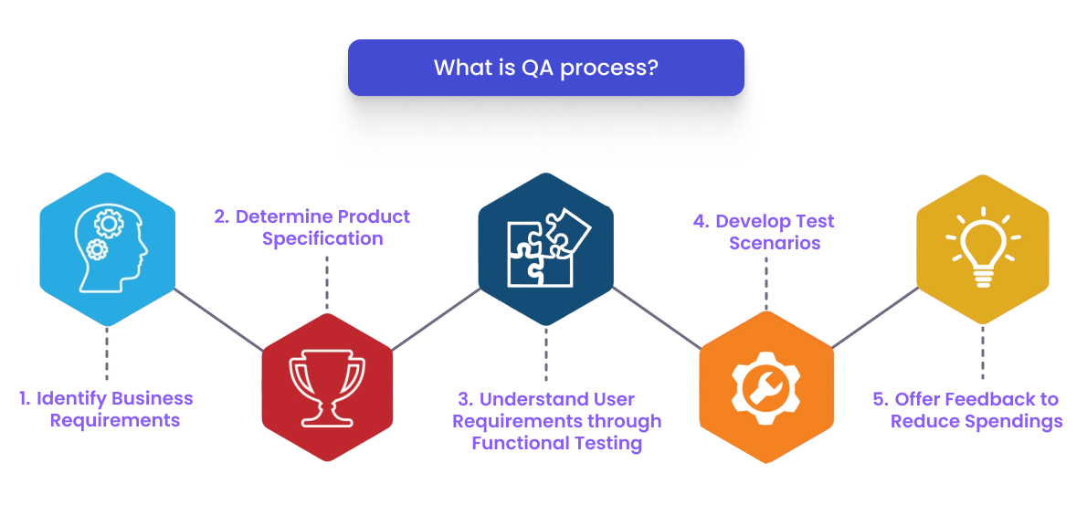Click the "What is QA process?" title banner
545,68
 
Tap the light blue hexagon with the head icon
108,248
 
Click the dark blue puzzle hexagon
545,248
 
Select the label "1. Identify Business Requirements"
107,409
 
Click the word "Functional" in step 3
514,444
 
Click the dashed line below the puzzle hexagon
546,353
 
